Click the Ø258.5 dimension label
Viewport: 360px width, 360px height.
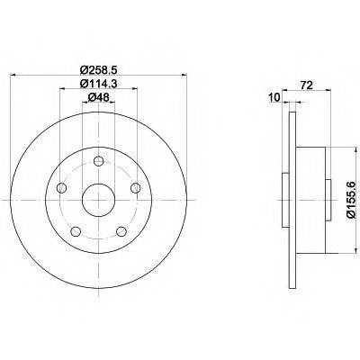pyautogui.click(x=98, y=70)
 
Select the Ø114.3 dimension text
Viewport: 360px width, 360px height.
pyautogui.click(x=98, y=84)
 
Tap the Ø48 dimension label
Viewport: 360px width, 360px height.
pyautogui.click(x=98, y=97)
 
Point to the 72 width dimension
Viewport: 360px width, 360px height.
pyautogui.click(x=307, y=85)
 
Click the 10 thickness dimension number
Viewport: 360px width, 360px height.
pyautogui.click(x=274, y=97)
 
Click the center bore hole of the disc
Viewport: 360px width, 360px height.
pyautogui.click(x=98, y=200)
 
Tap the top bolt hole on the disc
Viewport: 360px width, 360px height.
pyautogui.click(x=98, y=161)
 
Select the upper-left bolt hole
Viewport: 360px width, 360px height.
pyautogui.click(x=61, y=188)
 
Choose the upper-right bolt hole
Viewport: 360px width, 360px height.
pyautogui.click(x=136, y=188)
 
